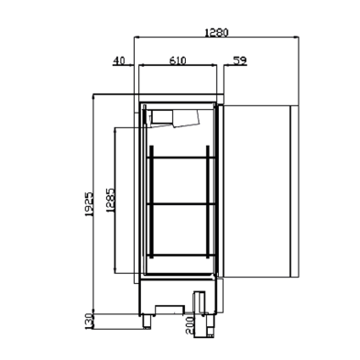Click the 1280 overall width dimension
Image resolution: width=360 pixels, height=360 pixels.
tap(216, 30)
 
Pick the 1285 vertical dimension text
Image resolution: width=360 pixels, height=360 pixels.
tap(109, 200)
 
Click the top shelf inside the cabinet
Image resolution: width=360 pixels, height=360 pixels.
tap(183, 157)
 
